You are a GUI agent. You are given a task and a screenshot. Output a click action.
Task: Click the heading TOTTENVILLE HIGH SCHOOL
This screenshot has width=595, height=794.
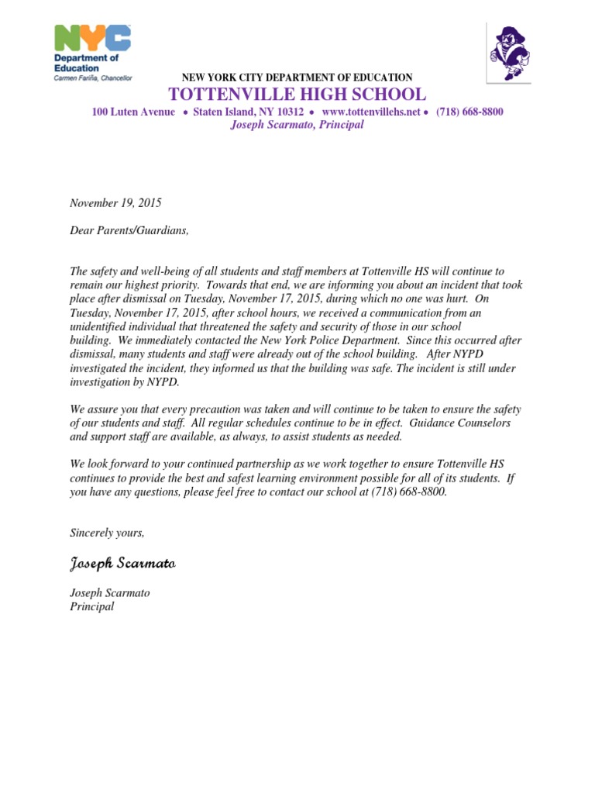[x=297, y=95]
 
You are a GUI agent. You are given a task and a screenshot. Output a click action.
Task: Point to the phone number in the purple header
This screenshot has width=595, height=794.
[x=469, y=112]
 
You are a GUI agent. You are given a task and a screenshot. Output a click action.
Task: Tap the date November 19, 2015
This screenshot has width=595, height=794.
[x=115, y=203]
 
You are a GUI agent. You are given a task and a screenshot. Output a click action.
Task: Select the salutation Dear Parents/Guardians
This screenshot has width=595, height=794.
[x=129, y=231]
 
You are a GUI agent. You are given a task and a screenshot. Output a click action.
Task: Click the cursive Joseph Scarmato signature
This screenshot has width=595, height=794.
[x=123, y=562]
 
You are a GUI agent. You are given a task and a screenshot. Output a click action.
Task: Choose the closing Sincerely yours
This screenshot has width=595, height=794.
[x=107, y=533]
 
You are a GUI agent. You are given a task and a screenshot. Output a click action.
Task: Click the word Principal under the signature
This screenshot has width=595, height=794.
[x=91, y=606]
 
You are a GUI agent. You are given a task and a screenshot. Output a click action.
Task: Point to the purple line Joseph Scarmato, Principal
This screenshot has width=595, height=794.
[x=297, y=124]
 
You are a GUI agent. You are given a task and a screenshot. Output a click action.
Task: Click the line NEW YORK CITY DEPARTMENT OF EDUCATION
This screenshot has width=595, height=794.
[x=297, y=78]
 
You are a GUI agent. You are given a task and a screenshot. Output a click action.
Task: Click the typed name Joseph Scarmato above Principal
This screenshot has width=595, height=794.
[x=110, y=593]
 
